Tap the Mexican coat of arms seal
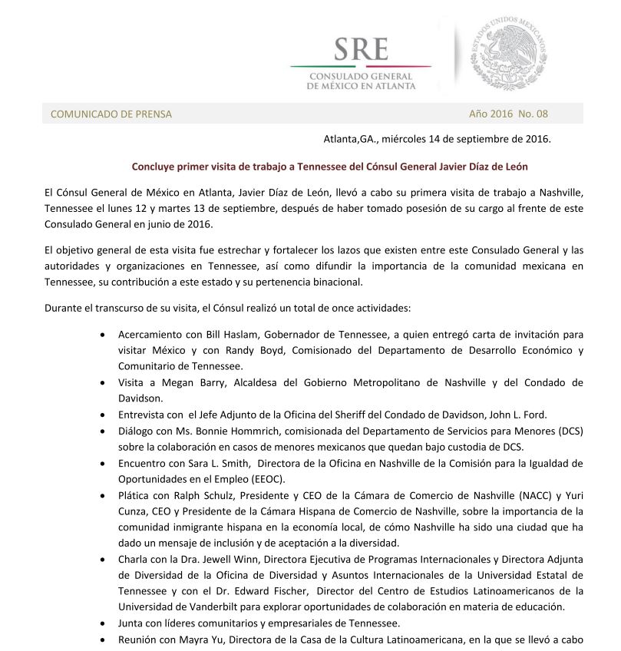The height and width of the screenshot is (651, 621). pos(508,55)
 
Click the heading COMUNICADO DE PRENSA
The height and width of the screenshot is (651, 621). pos(111,114)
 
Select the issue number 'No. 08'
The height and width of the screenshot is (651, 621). pos(533,114)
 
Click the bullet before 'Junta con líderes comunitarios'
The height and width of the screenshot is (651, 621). pos(104,623)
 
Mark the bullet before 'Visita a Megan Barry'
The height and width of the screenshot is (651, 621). pos(104,383)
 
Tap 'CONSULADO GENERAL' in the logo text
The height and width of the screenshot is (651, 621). pos(361,77)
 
